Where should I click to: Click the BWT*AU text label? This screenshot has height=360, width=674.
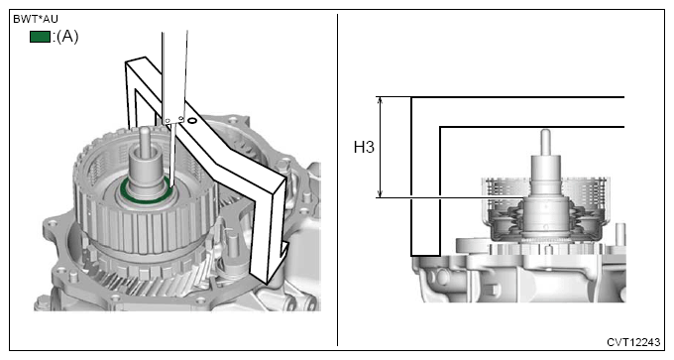coord(36,20)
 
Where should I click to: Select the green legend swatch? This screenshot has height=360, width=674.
coord(40,37)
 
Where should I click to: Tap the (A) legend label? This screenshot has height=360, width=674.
coord(66,37)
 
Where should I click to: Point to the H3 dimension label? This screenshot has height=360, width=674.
coord(364,147)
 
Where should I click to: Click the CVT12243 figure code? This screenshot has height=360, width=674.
coord(633,342)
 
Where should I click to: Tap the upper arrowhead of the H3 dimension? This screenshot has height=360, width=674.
coord(380,100)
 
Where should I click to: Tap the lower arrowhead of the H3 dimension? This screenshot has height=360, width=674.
coord(380,193)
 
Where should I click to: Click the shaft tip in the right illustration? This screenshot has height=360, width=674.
coord(545,132)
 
